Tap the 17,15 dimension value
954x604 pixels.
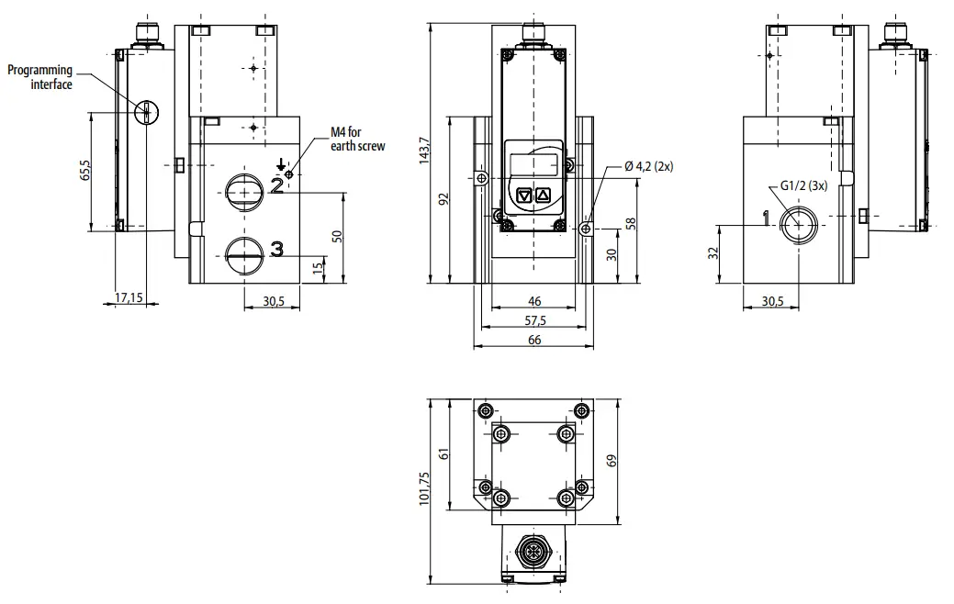coord(129,298)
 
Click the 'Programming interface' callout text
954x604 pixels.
coord(40,77)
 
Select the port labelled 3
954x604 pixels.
coord(246,248)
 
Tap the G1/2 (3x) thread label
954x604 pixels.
coord(803,185)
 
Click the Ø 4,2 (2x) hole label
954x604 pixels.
coord(648,166)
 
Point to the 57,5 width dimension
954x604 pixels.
coord(534,320)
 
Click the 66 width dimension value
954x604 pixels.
coord(534,341)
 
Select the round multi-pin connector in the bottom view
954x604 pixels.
coord(533,553)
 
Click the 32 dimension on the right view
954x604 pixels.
coord(713,254)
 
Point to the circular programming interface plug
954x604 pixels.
coord(146,112)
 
